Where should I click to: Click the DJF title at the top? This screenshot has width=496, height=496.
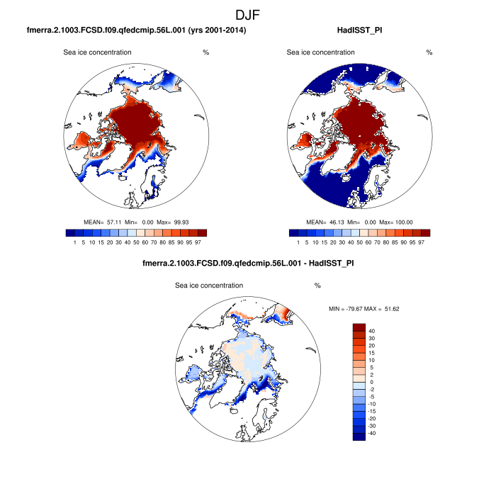pyautogui.click(x=248, y=14)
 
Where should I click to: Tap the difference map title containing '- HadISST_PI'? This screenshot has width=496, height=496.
pyautogui.click(x=248, y=265)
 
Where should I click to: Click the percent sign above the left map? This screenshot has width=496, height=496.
pyautogui.click(x=205, y=52)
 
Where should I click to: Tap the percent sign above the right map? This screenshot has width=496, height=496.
pyautogui.click(x=429, y=52)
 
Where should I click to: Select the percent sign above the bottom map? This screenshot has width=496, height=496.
pyautogui.click(x=317, y=286)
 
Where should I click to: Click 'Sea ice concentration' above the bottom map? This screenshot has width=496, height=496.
pyautogui.click(x=209, y=286)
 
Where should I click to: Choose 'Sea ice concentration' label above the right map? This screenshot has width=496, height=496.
pyautogui.click(x=321, y=52)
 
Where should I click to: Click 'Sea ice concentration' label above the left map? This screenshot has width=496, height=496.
pyautogui.click(x=97, y=52)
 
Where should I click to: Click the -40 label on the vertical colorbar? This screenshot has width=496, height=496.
pyautogui.click(x=373, y=432)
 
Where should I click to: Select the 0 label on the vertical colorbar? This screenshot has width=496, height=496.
pyautogui.click(x=371, y=382)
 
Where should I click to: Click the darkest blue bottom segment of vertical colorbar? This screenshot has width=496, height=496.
pyautogui.click(x=359, y=436)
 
